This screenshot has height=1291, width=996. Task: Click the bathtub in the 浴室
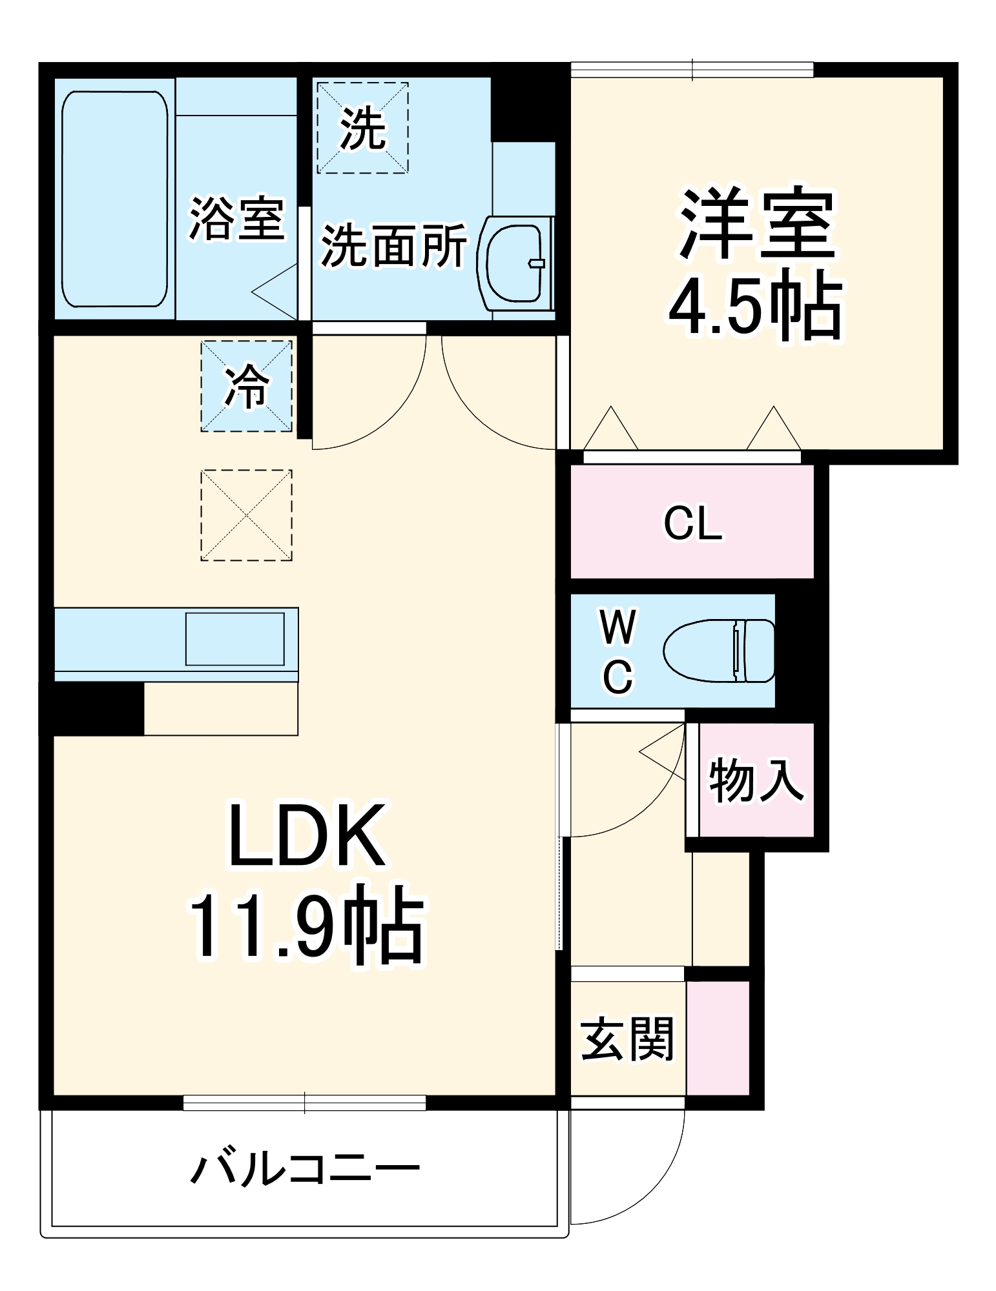[x=114, y=199]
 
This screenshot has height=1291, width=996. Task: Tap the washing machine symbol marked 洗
[x=362, y=128]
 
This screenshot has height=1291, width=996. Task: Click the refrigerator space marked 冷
[x=246, y=386]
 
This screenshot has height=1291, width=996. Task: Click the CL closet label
[x=692, y=524]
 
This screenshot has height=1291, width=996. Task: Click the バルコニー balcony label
[x=305, y=1169]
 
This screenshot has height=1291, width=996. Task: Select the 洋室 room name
[x=756, y=223]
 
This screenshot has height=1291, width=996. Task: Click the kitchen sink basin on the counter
[x=235, y=639]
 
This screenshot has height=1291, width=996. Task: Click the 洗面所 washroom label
[x=393, y=245]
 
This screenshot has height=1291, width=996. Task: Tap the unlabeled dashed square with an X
[x=246, y=515]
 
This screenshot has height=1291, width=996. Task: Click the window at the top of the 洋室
[x=692, y=70]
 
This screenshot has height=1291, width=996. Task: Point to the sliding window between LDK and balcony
[x=304, y=1103]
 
